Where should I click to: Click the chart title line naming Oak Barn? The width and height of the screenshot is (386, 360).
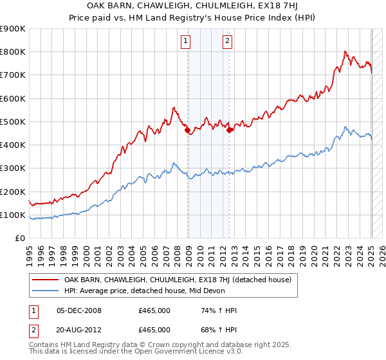pyautogui.click(x=193, y=7)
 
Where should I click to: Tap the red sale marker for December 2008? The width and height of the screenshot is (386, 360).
pyautogui.click(x=188, y=130)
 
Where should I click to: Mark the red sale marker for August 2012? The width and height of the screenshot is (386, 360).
pyautogui.click(x=230, y=130)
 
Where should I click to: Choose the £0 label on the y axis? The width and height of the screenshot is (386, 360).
pyautogui.click(x=19, y=238)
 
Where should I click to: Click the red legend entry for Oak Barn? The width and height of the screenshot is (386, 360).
pyautogui.click(x=178, y=280)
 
